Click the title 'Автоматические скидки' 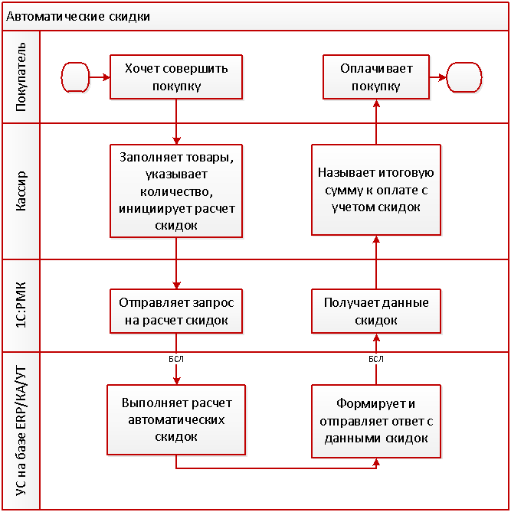pyautogui.click(x=78, y=15)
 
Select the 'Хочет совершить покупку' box pyautogui.click(x=176, y=77)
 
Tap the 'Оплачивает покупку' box pyautogui.click(x=376, y=77)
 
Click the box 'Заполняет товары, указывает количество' pyautogui.click(x=176, y=191)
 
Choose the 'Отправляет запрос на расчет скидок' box pyautogui.click(x=176, y=311)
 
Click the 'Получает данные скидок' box pyautogui.click(x=376, y=311)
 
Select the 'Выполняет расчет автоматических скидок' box pyautogui.click(x=176, y=419)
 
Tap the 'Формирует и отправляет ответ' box pyautogui.click(x=376, y=419)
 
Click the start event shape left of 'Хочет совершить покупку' pyautogui.click(x=74, y=77)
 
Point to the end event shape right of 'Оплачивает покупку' pyautogui.click(x=464, y=77)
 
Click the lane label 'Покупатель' pyautogui.click(x=21, y=77)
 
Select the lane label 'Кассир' pyautogui.click(x=21, y=191)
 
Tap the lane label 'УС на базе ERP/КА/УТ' pyautogui.click(x=21, y=431)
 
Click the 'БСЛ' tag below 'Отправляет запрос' pyautogui.click(x=176, y=357)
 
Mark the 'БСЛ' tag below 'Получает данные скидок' pyautogui.click(x=376, y=357)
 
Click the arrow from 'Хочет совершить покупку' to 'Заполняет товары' pyautogui.click(x=177, y=121)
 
